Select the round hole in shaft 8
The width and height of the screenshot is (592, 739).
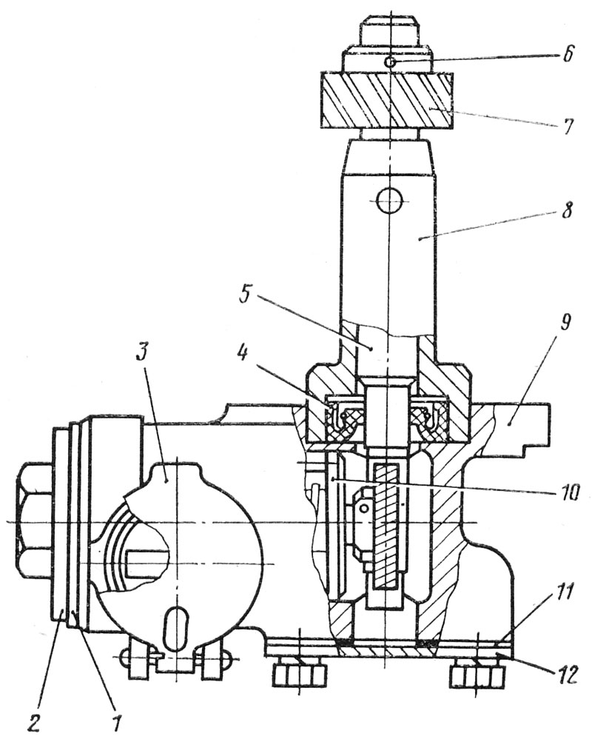click(388, 198)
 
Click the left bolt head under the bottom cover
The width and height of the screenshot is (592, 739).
click(300, 674)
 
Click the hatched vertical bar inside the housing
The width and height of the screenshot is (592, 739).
click(387, 525)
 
